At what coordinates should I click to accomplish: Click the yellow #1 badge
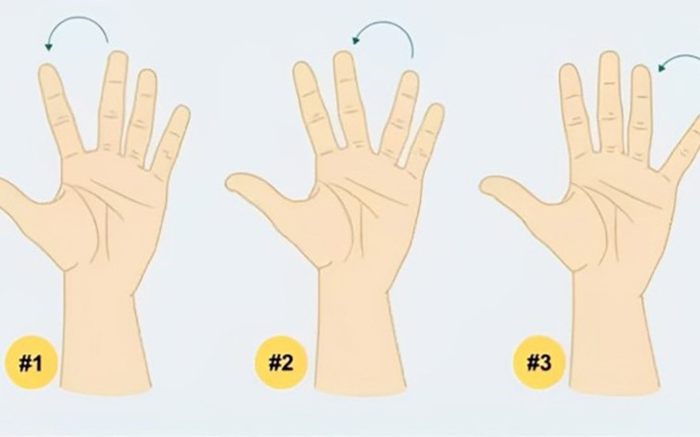click(31, 362)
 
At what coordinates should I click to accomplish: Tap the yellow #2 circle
click(281, 362)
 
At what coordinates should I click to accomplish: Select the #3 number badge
click(539, 362)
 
